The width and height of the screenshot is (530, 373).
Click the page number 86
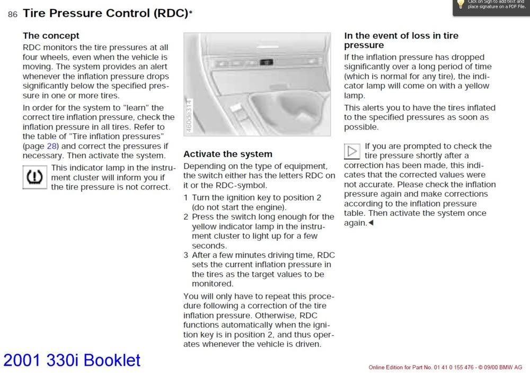13,15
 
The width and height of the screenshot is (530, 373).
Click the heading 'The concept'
51,35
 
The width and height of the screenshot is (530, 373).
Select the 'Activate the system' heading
227,154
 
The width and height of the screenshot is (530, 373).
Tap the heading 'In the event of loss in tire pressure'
401,40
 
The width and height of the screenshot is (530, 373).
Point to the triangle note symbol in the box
352,151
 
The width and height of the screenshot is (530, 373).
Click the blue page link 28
52,146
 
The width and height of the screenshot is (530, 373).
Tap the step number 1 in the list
186,197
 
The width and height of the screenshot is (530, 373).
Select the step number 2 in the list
186,216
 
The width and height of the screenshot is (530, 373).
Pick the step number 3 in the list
186,254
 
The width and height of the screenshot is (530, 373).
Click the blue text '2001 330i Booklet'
72,360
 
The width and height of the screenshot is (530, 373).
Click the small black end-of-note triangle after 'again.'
371,223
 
